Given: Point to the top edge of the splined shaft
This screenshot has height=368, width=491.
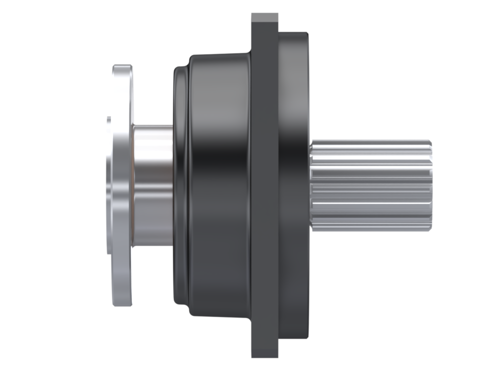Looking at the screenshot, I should (371, 141).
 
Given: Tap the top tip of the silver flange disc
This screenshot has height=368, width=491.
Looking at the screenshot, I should (122, 67).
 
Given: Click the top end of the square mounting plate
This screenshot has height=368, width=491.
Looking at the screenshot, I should (264, 15).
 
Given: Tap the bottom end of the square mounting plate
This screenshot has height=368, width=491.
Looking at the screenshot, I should (264, 356).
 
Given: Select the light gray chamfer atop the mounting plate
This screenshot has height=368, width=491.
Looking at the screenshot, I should (264, 18).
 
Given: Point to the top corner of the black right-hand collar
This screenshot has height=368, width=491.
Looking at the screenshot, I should (305, 34).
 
